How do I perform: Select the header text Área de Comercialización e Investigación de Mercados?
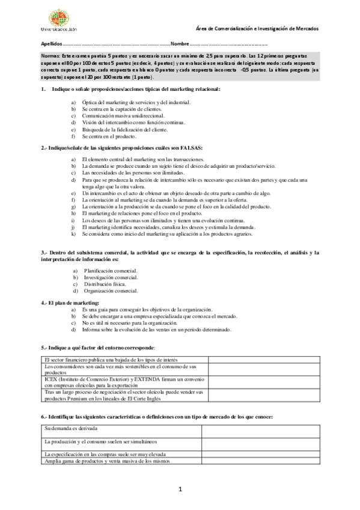pos(258,29)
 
